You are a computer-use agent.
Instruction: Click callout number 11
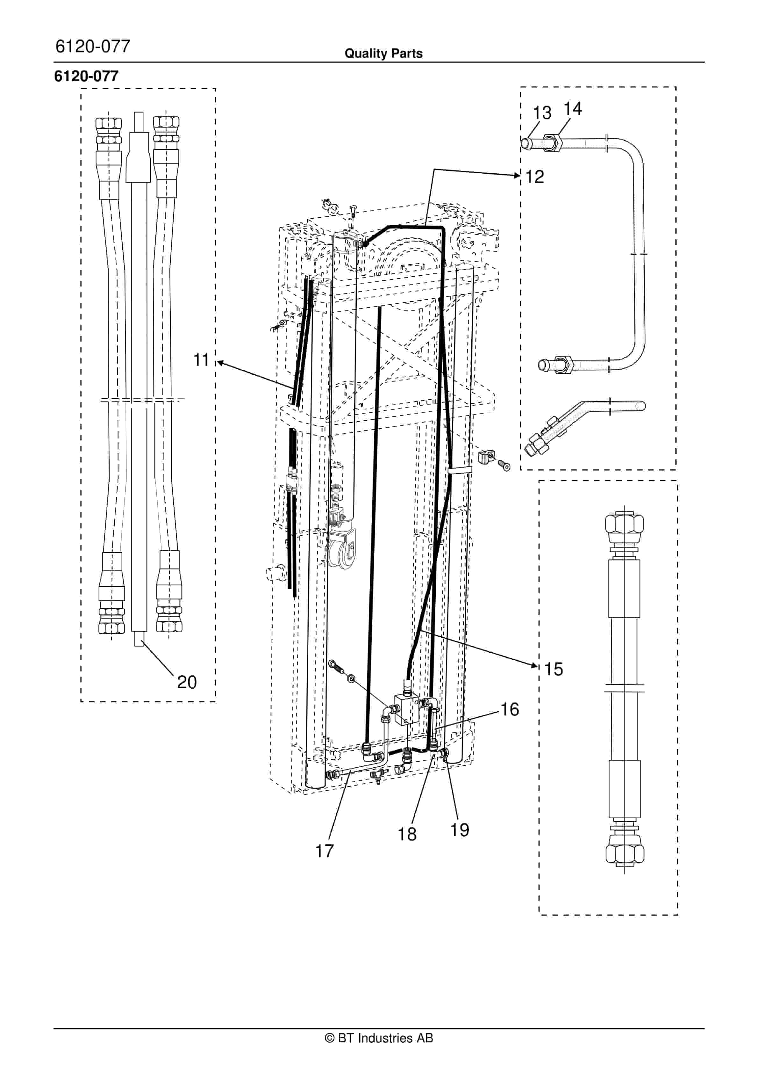coord(201,360)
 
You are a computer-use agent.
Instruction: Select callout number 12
coord(535,177)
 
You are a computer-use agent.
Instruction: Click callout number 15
coord(554,669)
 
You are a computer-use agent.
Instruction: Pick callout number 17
coord(325,851)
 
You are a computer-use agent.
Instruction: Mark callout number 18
coord(407,834)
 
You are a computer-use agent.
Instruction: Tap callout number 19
coord(460,830)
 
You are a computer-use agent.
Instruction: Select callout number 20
coord(187,682)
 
